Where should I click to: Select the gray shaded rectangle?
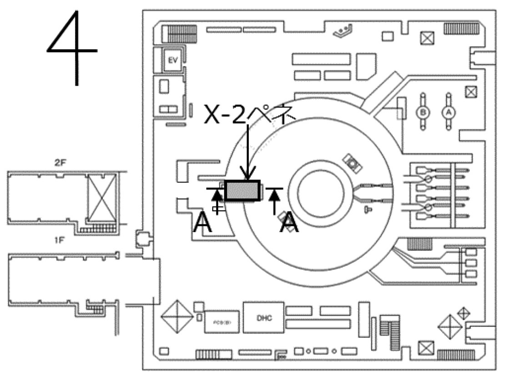tap(242, 191)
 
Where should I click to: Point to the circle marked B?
tap(423, 112)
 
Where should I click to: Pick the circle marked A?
tap(448, 112)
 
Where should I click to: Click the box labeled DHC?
tap(264, 318)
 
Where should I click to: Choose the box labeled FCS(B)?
tap(221, 323)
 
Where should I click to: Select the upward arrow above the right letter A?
tap(274, 200)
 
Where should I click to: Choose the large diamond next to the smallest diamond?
tap(449, 327)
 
